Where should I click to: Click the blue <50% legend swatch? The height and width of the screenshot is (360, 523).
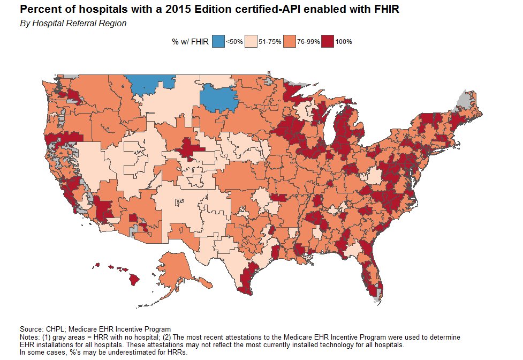(218, 41)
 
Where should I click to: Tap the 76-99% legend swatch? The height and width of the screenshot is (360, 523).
(290, 41)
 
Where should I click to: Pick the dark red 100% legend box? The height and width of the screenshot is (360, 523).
(328, 41)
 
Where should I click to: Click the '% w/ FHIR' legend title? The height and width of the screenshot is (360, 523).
(190, 41)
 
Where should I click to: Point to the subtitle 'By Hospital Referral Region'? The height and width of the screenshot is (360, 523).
(73, 24)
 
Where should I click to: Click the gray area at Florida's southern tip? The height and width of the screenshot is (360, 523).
(378, 294)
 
